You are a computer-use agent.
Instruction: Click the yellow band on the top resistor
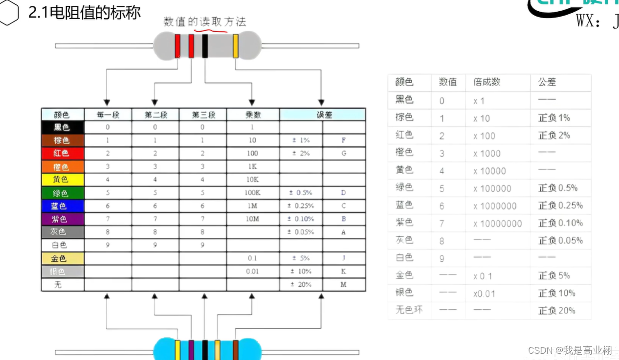(x=235, y=46)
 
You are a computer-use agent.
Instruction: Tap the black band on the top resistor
(x=205, y=46)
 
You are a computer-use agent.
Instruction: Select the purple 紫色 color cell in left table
(x=62, y=219)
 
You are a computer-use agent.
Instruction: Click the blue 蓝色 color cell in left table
(x=62, y=206)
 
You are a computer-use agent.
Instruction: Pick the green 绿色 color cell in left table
(x=62, y=193)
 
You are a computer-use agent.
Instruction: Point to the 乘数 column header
(x=253, y=115)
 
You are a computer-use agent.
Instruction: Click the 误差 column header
(x=322, y=115)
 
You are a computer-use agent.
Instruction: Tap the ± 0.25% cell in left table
(x=301, y=206)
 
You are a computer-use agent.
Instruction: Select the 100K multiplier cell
(x=253, y=193)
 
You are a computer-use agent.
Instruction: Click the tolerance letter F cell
(x=344, y=140)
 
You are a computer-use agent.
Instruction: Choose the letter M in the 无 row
(x=344, y=284)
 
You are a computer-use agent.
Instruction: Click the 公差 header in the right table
(x=547, y=82)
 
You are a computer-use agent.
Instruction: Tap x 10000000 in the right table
(x=497, y=224)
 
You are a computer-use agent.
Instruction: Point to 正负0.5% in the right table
(x=558, y=188)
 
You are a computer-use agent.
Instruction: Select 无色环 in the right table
(x=409, y=310)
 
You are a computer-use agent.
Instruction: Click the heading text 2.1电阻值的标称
(x=85, y=13)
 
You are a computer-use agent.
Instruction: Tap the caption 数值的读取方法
(x=205, y=22)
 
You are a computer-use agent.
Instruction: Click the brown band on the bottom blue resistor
(x=235, y=349)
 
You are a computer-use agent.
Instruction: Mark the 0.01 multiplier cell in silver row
(x=253, y=271)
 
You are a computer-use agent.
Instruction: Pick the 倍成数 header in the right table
(x=486, y=82)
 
